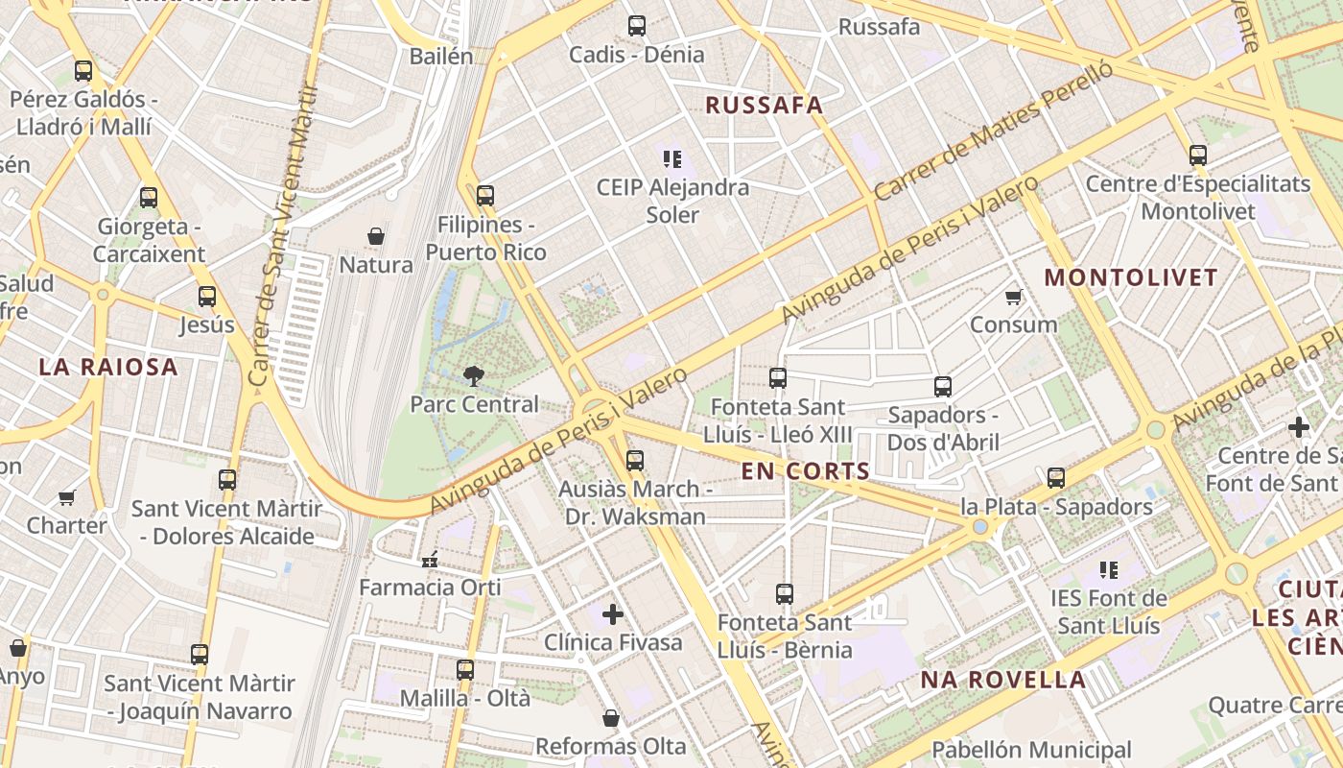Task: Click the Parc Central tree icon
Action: (473, 375)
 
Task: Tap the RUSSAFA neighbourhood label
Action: (765, 106)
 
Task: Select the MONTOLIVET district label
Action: (1131, 278)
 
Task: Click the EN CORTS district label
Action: (806, 471)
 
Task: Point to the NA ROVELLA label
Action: (1003, 681)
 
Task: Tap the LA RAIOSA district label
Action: (108, 367)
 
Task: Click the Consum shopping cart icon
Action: (1013, 297)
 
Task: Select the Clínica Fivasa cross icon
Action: (613, 613)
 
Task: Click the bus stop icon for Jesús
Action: (207, 297)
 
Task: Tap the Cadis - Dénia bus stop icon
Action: (636, 26)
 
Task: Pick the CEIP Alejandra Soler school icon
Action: (671, 158)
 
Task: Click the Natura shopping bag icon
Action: (376, 236)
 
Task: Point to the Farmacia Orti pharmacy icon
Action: (429, 558)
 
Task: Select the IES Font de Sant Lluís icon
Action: (1109, 570)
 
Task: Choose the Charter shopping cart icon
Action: (66, 497)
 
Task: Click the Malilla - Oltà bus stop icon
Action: (465, 669)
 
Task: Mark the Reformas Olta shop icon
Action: (610, 718)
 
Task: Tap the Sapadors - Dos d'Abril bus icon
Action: (943, 387)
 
